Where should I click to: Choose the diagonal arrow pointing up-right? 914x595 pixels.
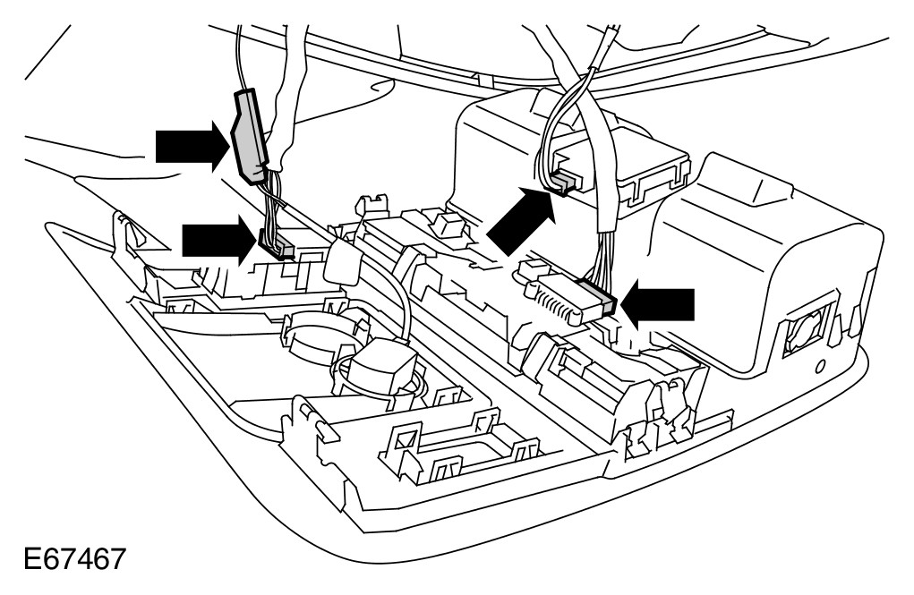519,217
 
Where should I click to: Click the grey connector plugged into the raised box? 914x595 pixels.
564,182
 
